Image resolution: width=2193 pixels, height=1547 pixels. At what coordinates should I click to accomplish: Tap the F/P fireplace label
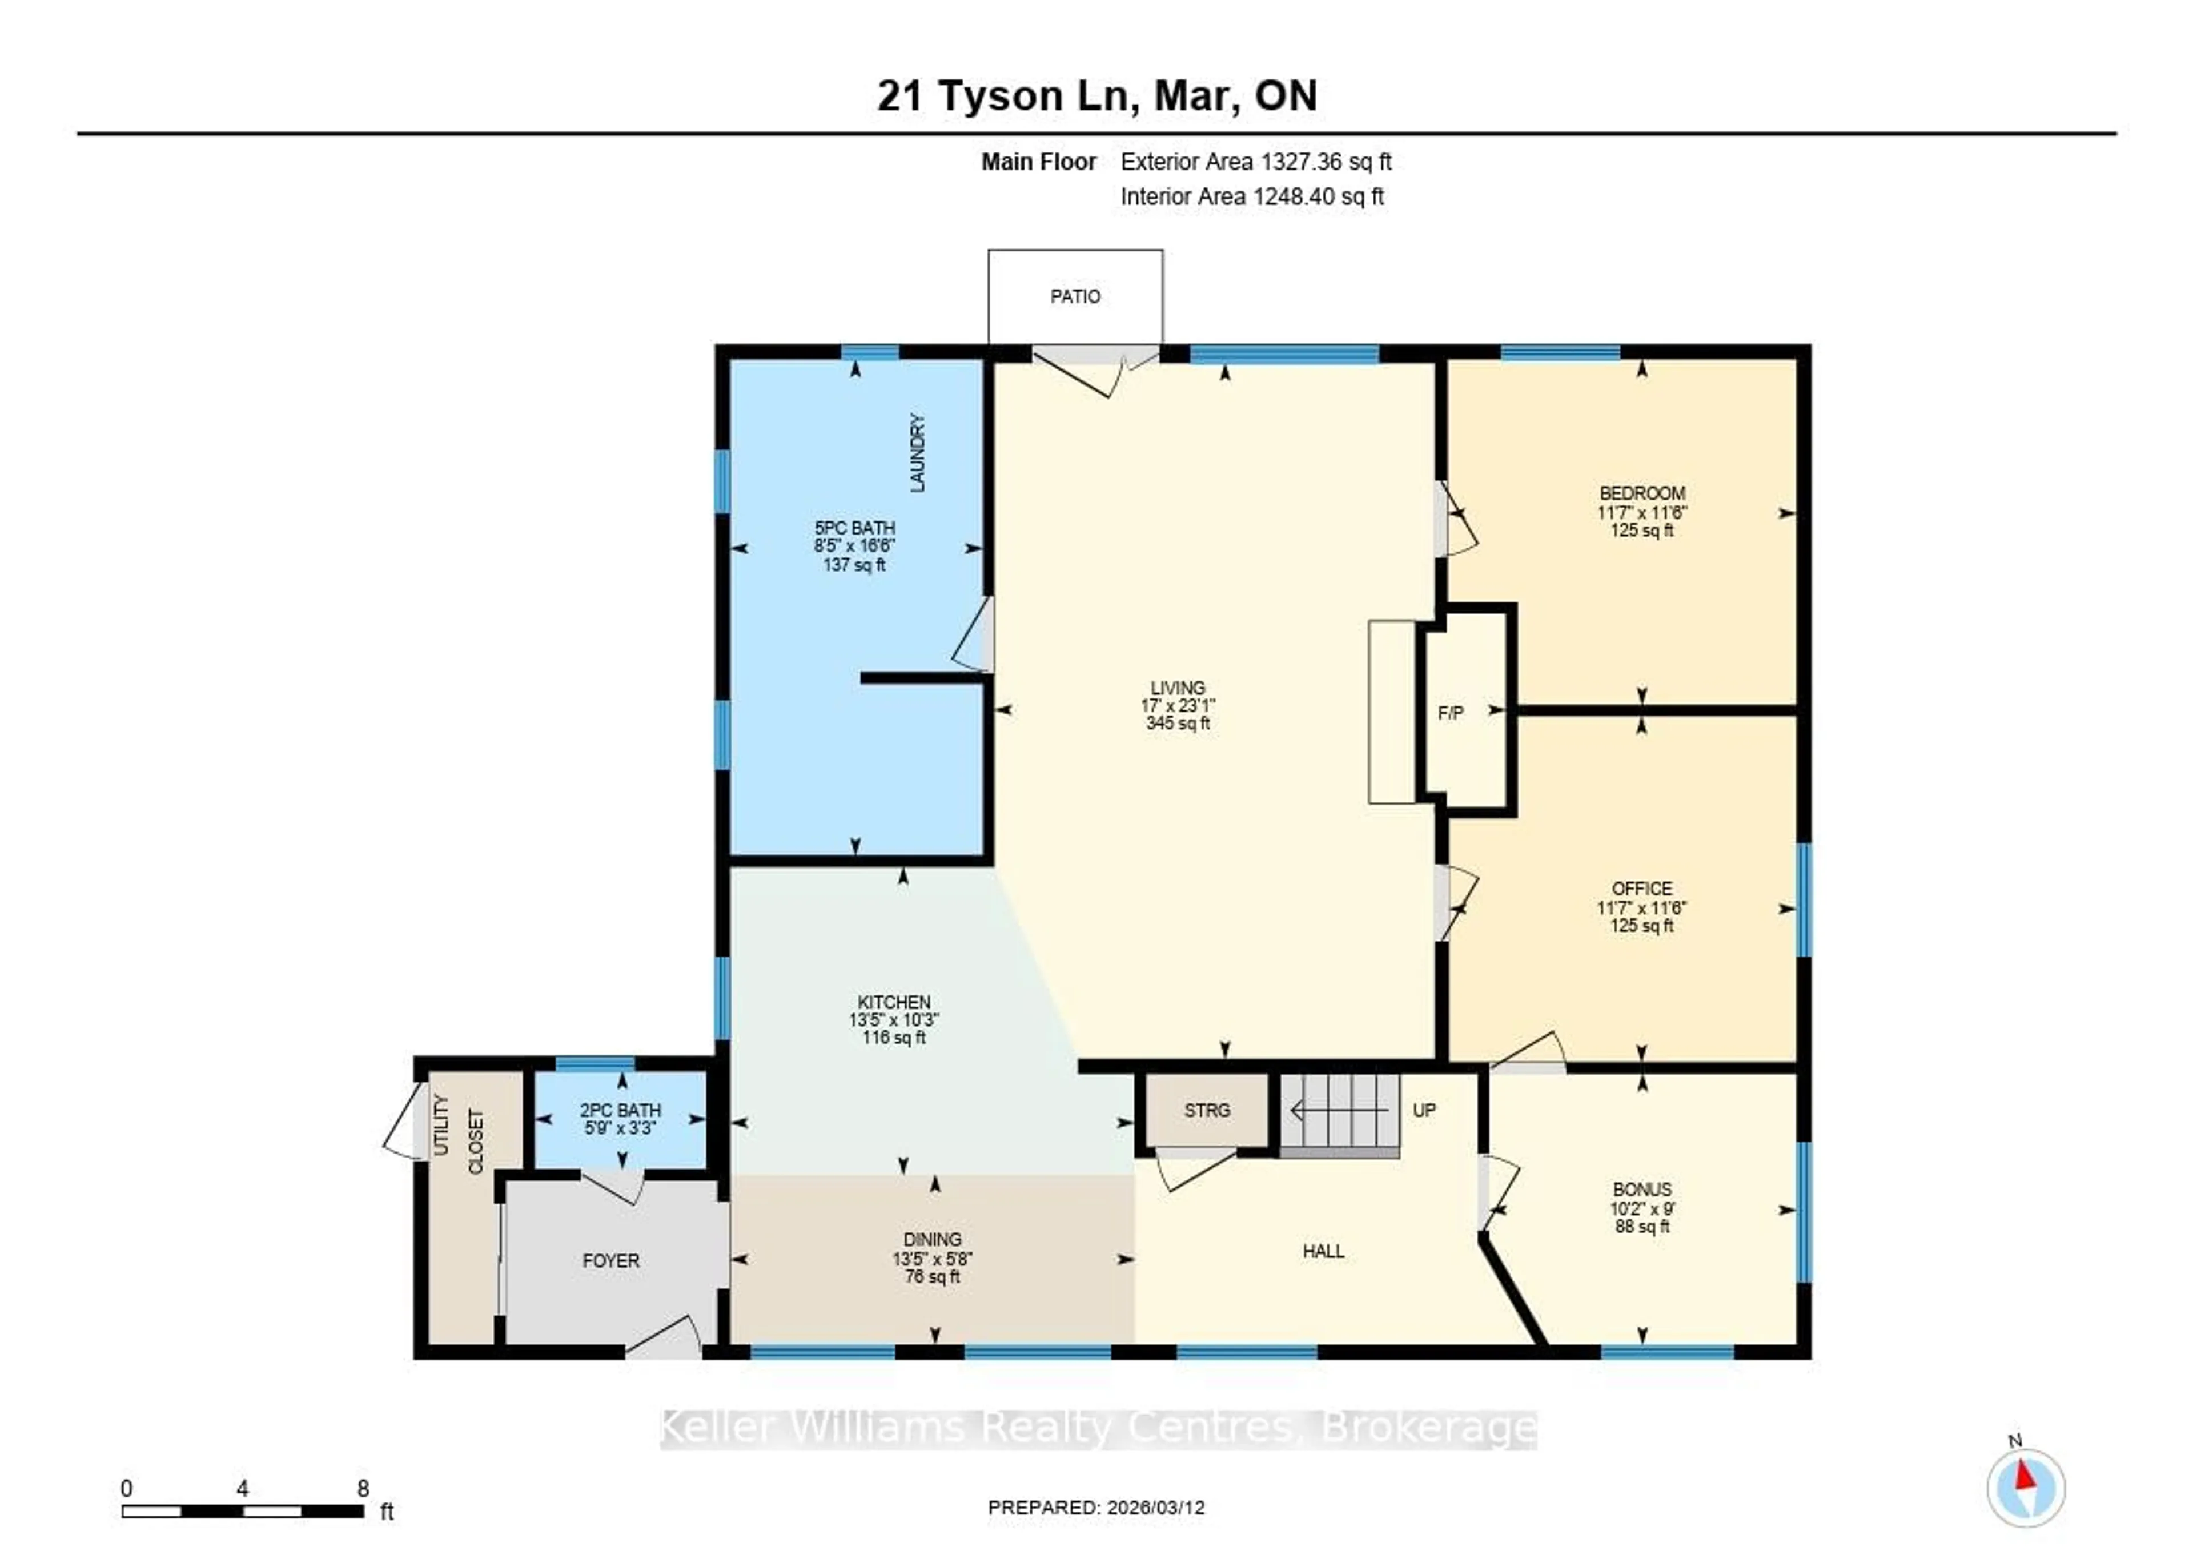tap(1450, 712)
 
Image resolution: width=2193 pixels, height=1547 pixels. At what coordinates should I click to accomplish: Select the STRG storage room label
tap(1206, 1111)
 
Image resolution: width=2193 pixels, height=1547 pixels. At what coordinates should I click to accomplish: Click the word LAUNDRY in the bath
tap(918, 453)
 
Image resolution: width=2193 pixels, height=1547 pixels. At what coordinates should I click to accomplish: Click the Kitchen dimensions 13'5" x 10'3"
tap(893, 1020)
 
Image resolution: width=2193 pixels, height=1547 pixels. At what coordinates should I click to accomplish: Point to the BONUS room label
tap(1642, 1189)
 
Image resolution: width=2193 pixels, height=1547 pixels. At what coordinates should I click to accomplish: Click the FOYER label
tap(610, 1260)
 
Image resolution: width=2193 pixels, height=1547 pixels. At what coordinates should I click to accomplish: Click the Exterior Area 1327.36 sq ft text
tap(1255, 162)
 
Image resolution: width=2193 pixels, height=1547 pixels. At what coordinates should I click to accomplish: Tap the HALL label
tap(1323, 1251)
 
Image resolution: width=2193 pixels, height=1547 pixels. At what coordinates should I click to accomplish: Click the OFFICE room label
tap(1642, 888)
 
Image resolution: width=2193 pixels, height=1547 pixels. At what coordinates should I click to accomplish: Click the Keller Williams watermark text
tap(1098, 1429)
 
